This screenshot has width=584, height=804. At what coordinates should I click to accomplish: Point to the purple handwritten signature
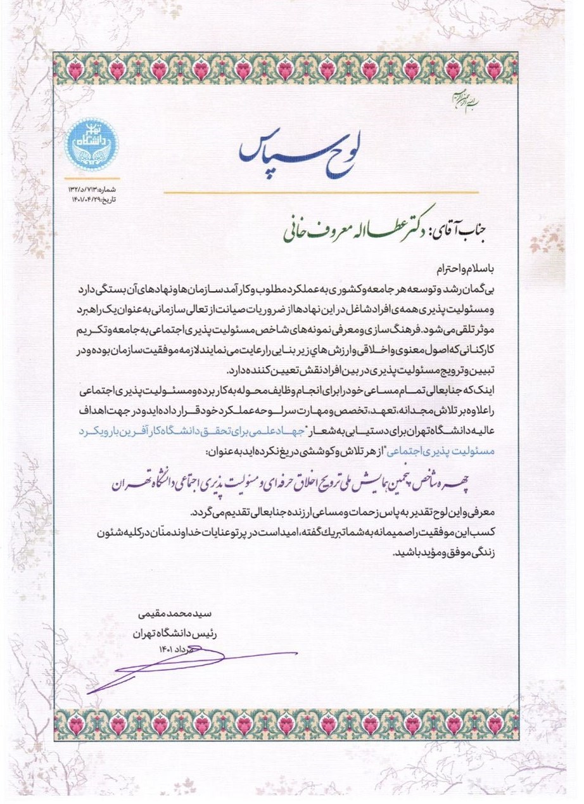click(x=190, y=666)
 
